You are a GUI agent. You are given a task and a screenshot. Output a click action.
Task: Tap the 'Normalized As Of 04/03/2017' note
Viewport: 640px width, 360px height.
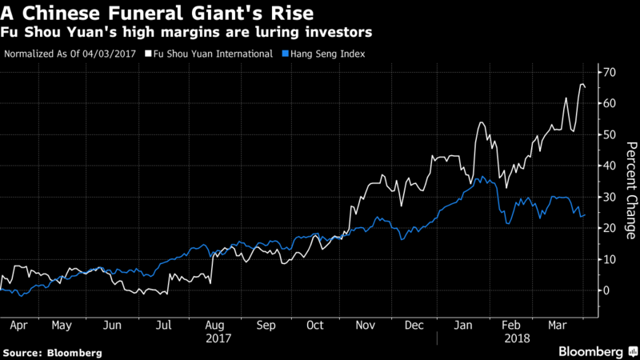tap(70, 54)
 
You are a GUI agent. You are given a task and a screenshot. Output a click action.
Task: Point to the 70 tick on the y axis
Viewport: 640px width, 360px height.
tap(610, 72)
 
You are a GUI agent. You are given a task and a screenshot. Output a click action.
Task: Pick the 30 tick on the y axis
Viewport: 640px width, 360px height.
tap(610, 197)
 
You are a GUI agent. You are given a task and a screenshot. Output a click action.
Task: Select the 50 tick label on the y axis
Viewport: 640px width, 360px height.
tap(610, 134)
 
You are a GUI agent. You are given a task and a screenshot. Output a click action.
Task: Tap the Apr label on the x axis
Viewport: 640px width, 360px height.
tap(17, 326)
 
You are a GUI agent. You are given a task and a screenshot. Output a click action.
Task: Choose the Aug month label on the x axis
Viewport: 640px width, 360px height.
tap(214, 326)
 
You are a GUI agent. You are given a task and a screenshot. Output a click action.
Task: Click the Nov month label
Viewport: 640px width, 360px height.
tap(366, 326)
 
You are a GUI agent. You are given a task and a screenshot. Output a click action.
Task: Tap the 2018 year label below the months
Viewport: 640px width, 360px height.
tap(515, 339)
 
